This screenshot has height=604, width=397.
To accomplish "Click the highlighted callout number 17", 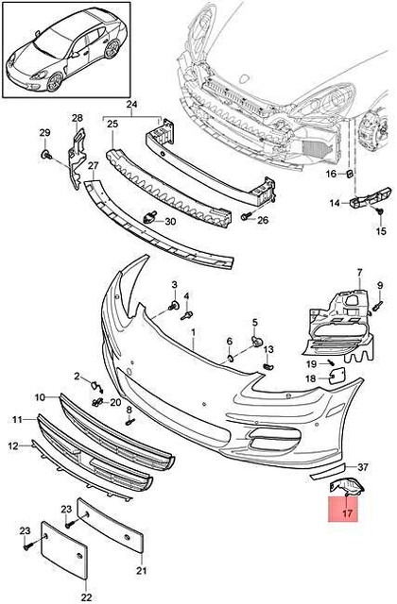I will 347,514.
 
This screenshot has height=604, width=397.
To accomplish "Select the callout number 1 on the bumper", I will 193,335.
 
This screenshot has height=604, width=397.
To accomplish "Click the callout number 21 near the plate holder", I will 141,571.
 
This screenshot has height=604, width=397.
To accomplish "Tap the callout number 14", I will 335,203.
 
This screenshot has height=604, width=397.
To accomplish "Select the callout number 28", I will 77,118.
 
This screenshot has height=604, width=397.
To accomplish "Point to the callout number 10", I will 41,397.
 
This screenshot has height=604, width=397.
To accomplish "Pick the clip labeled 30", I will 148,220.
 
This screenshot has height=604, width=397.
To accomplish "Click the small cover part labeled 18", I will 336,377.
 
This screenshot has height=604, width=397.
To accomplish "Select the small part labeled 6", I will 232,358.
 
